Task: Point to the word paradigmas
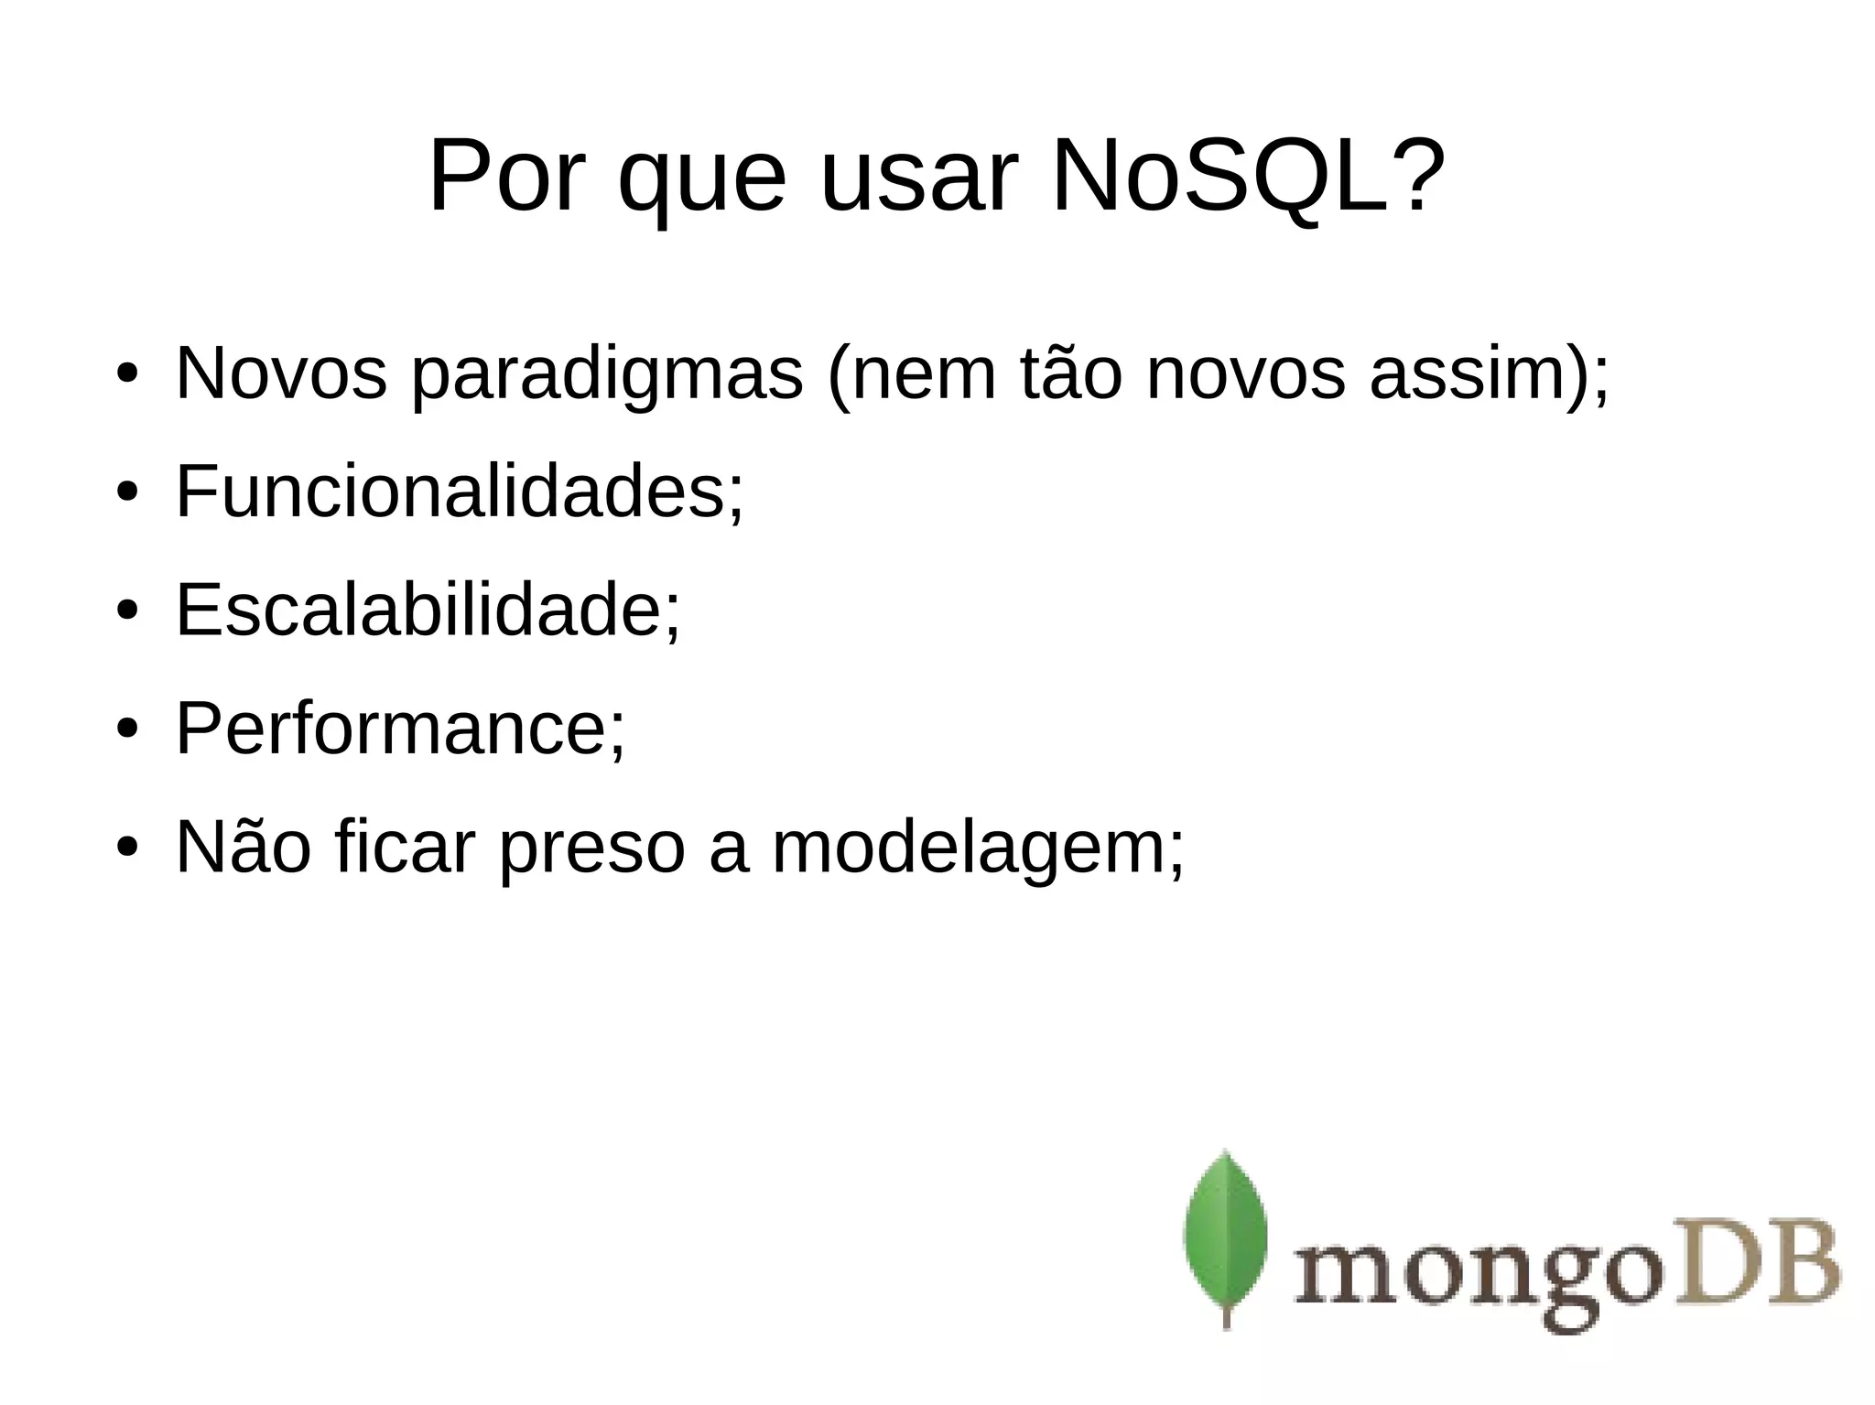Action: [x=607, y=375]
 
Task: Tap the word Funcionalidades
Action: [x=451, y=492]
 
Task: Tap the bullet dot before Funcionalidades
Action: [x=126, y=493]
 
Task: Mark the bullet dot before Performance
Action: [x=126, y=730]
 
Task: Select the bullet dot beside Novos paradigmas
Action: [x=126, y=375]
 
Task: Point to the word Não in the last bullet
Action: [x=243, y=847]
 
